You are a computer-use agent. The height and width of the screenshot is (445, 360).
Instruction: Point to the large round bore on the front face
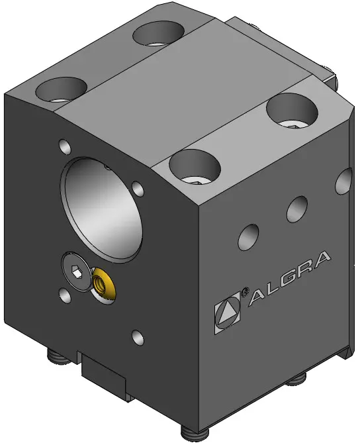point(101,209)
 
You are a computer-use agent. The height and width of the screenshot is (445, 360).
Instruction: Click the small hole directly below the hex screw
point(65,296)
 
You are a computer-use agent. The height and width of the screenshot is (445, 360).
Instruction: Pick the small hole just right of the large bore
point(138,189)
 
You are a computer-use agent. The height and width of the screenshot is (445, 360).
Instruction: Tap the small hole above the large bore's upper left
point(65,146)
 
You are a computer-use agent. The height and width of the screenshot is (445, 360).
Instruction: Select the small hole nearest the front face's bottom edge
point(138,338)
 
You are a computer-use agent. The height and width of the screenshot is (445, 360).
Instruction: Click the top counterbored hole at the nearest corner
point(195,167)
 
